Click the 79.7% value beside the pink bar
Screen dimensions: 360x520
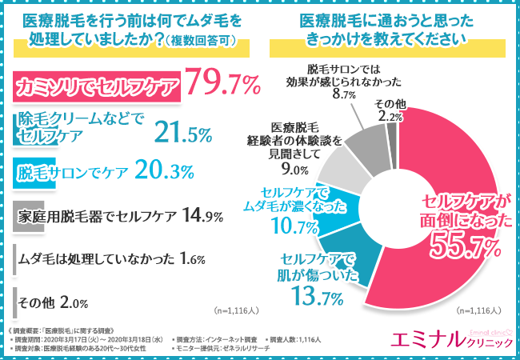[222, 84]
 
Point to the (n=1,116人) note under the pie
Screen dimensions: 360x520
[477, 308]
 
